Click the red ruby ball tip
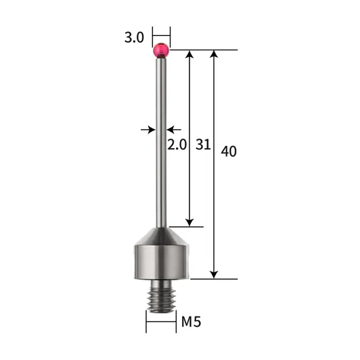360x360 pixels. pos(161,50)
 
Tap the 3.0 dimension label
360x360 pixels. pos(134,37)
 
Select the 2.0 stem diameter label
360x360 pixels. pos(177,145)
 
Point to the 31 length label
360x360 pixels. pos(203,145)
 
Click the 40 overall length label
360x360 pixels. pos(229,151)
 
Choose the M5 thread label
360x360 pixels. pos(191,322)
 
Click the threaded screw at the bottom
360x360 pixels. pos(161,296)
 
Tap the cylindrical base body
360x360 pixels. pos(162,262)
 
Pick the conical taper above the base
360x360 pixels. pos(162,236)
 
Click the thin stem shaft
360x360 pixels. pos(161,143)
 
